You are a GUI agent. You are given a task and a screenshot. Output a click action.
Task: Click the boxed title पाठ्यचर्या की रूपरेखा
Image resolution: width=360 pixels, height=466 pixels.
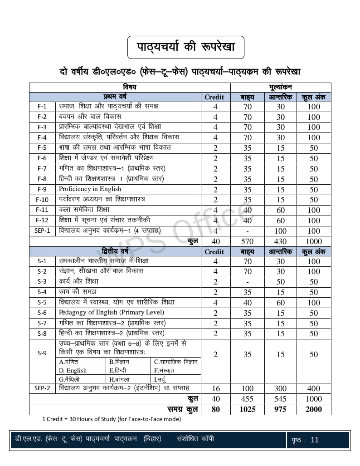pos(185,47)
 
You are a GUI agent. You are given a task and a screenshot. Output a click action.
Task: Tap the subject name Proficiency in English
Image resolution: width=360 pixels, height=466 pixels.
pos(90,189)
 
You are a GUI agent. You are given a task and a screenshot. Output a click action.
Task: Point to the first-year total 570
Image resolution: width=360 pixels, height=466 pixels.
pos(248,241)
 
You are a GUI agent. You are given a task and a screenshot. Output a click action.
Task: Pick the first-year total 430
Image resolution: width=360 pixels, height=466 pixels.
pos(281,241)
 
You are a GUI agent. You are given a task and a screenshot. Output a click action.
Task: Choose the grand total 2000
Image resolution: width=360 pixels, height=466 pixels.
pos(314,409)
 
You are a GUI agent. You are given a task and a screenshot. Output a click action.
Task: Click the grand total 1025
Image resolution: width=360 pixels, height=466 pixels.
pos(248,409)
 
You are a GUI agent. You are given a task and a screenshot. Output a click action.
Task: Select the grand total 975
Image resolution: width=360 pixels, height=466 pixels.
pos(281,409)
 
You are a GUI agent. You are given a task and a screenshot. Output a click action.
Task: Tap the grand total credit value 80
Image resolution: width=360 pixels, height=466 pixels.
pos(215,409)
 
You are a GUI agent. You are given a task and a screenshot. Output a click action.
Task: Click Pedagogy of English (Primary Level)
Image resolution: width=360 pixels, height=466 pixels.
pos(111,313)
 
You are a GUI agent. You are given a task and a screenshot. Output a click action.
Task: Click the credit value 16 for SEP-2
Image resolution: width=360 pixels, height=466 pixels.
pos(215,388)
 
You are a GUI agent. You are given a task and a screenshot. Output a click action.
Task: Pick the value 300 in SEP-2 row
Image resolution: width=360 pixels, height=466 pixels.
pos(281,388)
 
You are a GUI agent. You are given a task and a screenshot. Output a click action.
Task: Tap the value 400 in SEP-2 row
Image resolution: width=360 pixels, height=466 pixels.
pos(314,388)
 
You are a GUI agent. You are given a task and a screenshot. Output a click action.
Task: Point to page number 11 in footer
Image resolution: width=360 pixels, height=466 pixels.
pos(315,440)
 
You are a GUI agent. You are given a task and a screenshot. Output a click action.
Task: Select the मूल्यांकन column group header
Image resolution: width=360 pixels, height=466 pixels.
pos(281,87)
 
